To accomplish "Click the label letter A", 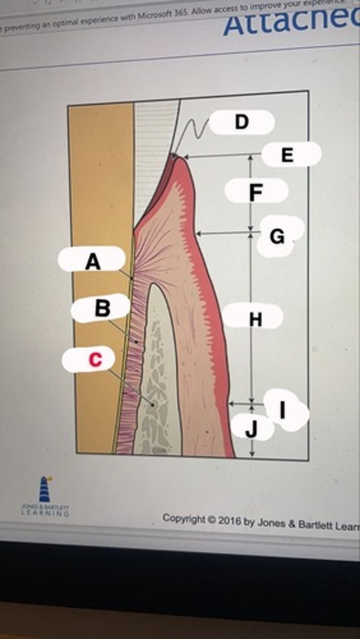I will point(93,261).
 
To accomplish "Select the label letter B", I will point(102,308).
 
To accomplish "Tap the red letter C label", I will point(94,360).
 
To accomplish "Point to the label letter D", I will point(241,122).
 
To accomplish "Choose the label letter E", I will point(287,155).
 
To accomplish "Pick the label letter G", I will point(277,236).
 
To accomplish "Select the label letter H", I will point(256,319).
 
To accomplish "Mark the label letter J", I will point(252,428).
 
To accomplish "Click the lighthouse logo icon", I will point(45,489).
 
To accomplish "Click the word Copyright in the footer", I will point(183,518).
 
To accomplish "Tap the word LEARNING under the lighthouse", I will point(45,514).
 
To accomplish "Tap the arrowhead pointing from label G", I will point(198,233).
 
